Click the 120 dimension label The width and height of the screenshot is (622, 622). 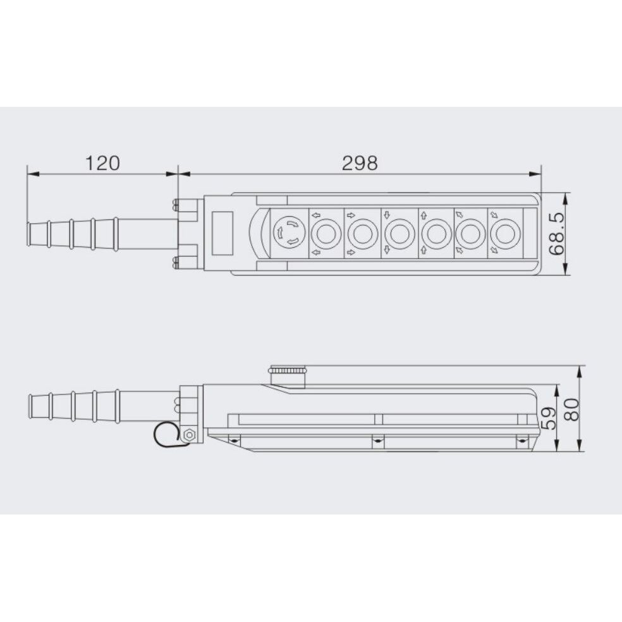[x=102, y=164]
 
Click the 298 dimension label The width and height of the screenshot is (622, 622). [x=360, y=164]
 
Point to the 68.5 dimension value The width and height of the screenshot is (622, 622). [x=556, y=233]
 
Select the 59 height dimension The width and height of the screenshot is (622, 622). [x=550, y=418]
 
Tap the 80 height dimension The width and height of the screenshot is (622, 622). [x=571, y=410]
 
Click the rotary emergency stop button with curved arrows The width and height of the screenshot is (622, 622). [x=289, y=233]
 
